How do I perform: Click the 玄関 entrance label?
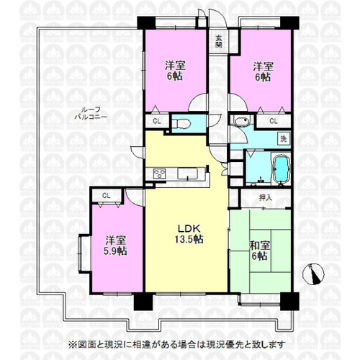pyautogui.click(x=218, y=41)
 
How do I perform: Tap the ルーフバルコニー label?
pyautogui.click(x=91, y=113)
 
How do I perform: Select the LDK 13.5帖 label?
pyautogui.click(x=189, y=234)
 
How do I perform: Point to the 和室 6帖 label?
pyautogui.click(x=260, y=251)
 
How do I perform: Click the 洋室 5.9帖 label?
pyautogui.click(x=115, y=246)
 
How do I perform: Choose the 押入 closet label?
pyautogui.click(x=266, y=197)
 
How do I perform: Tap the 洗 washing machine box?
pyautogui.click(x=284, y=139)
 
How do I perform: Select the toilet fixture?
pyautogui.click(x=183, y=124)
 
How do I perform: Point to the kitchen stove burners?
pyautogui.click(x=159, y=174)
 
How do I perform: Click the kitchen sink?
pyautogui.click(x=188, y=174)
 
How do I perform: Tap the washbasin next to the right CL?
pyautogui.click(x=242, y=121)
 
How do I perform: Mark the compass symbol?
pyautogui.click(x=313, y=274)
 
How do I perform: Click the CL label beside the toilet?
pyautogui.click(x=157, y=121)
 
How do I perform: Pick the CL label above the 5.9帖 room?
pyautogui.click(x=107, y=196)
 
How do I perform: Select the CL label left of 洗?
pyautogui.click(x=274, y=121)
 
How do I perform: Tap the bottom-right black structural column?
pyautogui.click(x=289, y=301)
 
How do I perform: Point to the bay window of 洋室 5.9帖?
pyautogui.click(x=84, y=254)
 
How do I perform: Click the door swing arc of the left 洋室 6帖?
pyautogui.click(x=197, y=102)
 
